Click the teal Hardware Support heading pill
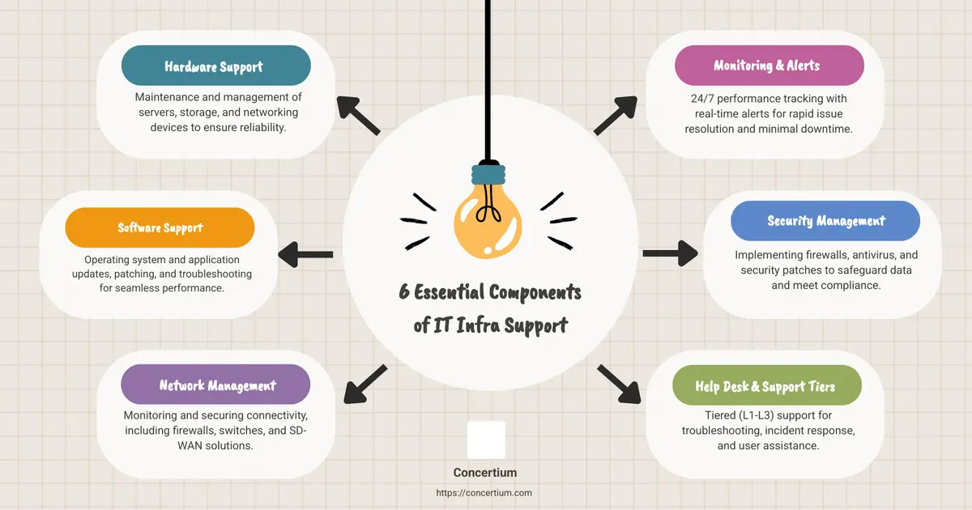[216, 66]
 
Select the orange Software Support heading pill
[160, 227]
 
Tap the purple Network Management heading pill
[215, 385]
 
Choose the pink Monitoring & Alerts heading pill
[769, 66]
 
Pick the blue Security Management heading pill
[825, 221]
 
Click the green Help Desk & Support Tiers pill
[767, 385]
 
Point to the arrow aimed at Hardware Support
[358, 115]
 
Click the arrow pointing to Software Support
[305, 254]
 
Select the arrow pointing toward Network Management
[365, 385]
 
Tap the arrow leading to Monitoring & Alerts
[616, 115]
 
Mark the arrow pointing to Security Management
[671, 253]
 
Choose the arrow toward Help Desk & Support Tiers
[619, 385]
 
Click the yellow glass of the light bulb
[488, 222]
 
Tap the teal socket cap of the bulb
[488, 174]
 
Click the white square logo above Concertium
[486, 440]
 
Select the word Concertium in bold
[485, 473]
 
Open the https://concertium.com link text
[484, 493]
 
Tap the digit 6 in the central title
[404, 291]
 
